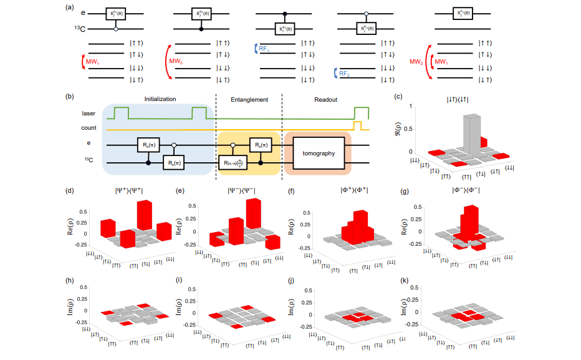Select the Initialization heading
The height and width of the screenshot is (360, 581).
coord(160,99)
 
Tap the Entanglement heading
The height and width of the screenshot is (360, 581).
coord(249,99)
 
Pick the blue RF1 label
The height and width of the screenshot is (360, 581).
coord(263,48)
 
